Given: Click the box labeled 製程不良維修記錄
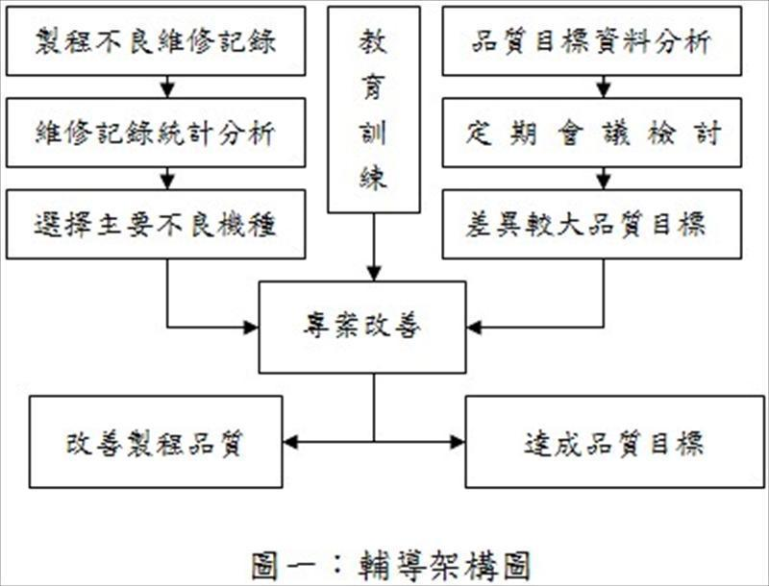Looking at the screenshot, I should coord(156,41).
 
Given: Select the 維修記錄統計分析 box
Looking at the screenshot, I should coord(156,133).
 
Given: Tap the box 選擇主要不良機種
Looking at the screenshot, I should coord(156,224).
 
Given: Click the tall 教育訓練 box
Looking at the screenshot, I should coord(373,110).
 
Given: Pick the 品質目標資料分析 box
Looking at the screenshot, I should coord(592,41).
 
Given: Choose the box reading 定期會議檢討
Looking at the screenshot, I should coord(592,133).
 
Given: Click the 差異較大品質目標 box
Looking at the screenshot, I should coord(592,224).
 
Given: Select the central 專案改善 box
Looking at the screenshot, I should coord(362,327).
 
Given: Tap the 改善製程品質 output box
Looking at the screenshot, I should coord(156,442).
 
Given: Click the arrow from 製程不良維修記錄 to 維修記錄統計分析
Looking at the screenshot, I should coord(167,87).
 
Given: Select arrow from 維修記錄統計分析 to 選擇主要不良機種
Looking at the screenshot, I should coord(167,179).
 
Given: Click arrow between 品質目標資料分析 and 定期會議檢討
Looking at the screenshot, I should coord(604,87).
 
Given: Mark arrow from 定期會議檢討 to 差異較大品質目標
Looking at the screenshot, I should coord(604,179).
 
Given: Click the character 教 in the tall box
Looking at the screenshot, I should coord(373,40).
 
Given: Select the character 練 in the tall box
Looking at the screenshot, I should coord(373,176).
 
